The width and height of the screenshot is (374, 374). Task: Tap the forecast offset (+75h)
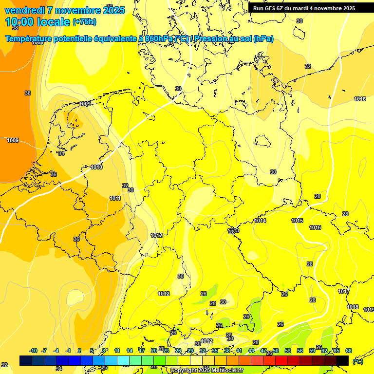[x=84, y=22]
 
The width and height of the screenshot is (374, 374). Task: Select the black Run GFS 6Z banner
[x=304, y=8]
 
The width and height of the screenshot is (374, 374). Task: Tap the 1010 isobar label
[x=96, y=167]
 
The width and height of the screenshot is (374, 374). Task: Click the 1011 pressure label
[x=115, y=198]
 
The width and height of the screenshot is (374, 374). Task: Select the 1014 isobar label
[x=260, y=221]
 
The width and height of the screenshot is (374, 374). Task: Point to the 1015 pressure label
[x=298, y=221]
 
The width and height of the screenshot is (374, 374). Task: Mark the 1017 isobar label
[x=344, y=291]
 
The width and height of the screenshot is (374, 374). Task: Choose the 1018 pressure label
[x=353, y=307]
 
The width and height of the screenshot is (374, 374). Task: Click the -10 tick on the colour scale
[x=33, y=351]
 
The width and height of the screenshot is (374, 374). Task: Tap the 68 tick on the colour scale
[x=349, y=351]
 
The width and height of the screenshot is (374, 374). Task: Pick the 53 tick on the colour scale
[x=288, y=351]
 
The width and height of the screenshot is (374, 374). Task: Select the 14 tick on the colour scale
[x=130, y=351]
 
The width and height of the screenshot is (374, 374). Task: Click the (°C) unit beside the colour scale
[x=357, y=361]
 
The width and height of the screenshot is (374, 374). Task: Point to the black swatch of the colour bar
[x=342, y=360]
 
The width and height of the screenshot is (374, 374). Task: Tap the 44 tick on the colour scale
[x=251, y=351]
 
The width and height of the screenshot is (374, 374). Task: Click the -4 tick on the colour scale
[x=56, y=351]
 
